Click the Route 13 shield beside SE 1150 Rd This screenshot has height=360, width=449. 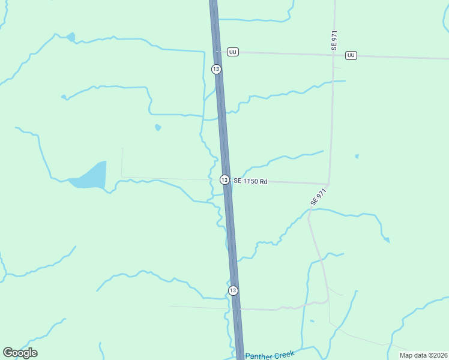point(224,179)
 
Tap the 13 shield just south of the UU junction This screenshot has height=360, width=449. point(216,69)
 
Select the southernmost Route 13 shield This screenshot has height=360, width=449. point(233,290)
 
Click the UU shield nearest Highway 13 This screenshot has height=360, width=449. point(233,52)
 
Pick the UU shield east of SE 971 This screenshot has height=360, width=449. point(351,55)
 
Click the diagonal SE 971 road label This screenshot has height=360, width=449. point(318,197)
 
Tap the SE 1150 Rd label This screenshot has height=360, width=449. point(250,181)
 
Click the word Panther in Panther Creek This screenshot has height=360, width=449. point(259,356)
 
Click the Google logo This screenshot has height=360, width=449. point(20,353)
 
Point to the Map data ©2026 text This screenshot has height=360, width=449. point(423,355)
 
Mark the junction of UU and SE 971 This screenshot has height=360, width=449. point(334,55)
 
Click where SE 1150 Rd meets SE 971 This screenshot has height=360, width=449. point(328,184)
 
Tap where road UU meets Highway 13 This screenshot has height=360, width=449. point(217,52)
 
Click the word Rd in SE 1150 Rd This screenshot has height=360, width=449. point(264,181)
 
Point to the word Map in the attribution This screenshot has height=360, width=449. point(406,355)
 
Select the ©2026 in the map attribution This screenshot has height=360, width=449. point(435,355)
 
